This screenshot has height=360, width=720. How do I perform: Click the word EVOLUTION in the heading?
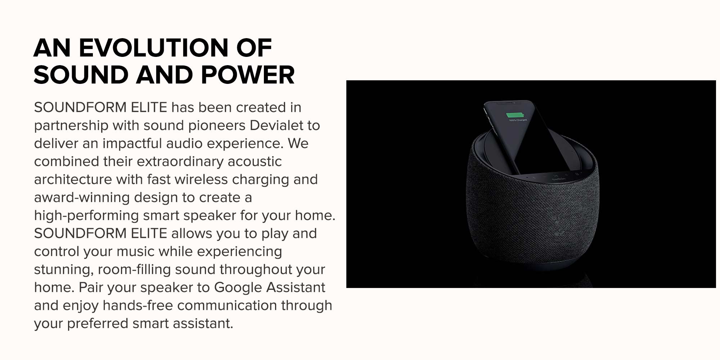pos(153,48)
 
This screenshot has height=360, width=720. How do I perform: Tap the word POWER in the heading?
pos(248,75)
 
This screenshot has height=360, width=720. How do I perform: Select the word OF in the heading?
pos(254,48)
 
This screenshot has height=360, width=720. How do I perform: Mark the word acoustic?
pos(255,161)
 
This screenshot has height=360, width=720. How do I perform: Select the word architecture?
pos(73,179)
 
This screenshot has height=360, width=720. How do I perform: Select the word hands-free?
pos(138,305)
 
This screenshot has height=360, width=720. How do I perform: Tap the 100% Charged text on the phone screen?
pos(518,120)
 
